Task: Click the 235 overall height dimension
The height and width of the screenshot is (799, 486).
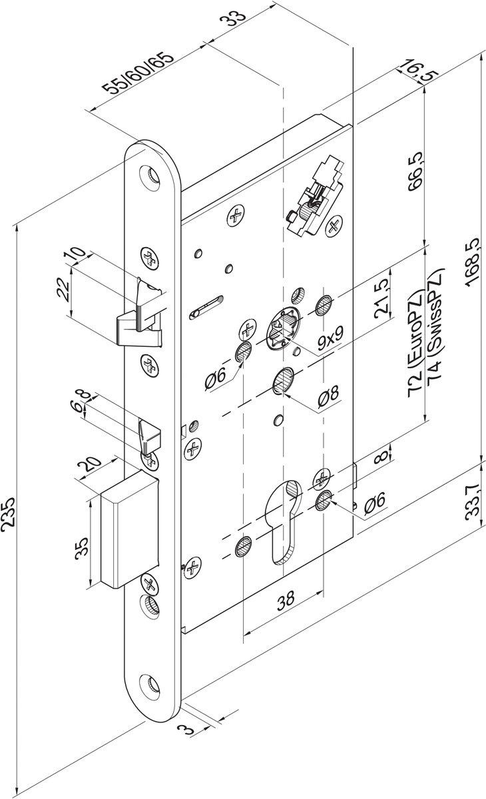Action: click(x=8, y=511)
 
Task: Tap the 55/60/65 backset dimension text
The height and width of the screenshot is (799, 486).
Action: click(x=138, y=74)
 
